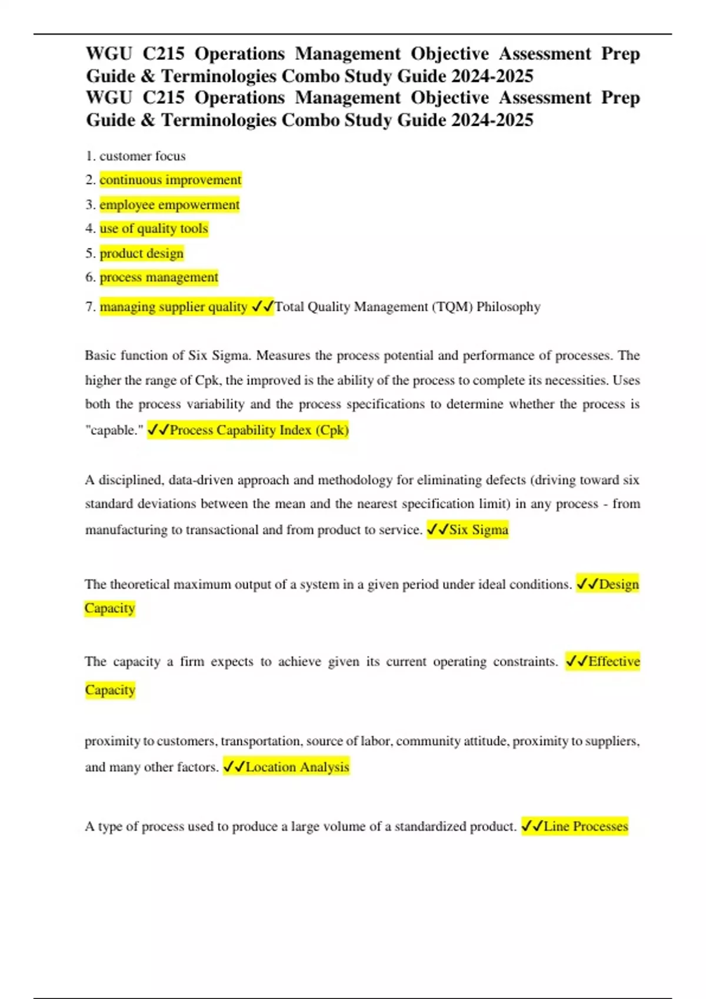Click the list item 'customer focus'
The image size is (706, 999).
(x=142, y=156)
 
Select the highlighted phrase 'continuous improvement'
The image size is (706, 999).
(x=171, y=180)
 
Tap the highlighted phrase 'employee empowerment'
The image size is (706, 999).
(x=169, y=205)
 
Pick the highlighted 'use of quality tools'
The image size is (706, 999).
(x=154, y=229)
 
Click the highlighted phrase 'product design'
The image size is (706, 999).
(x=141, y=253)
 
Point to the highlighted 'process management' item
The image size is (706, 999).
(x=159, y=277)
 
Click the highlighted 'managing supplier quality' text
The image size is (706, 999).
(x=174, y=307)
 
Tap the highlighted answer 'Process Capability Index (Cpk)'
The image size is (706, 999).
(x=259, y=430)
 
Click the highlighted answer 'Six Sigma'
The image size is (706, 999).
(x=478, y=529)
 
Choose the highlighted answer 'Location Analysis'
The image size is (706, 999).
(x=297, y=767)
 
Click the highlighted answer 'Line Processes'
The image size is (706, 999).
(x=585, y=826)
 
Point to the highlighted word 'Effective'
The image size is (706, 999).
(x=614, y=662)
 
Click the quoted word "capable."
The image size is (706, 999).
(x=115, y=430)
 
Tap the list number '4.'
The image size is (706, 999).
(x=91, y=229)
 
